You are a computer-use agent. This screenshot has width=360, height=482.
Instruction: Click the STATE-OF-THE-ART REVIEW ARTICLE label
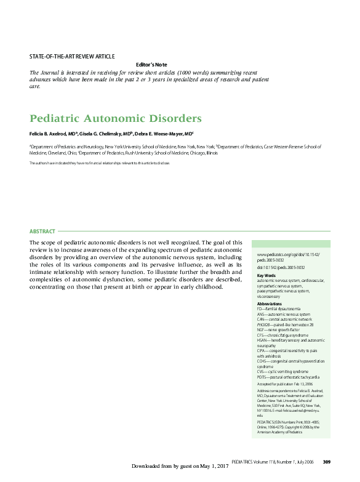pos(72,57)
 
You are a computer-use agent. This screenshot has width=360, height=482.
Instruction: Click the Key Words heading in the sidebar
pos(266,275)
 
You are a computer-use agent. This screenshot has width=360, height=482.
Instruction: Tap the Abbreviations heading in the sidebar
pos(270,304)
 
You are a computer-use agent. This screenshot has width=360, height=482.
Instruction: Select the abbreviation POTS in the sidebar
pos(263,377)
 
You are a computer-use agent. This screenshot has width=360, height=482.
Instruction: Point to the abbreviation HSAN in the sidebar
pos(263,340)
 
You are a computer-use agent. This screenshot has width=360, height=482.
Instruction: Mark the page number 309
pos(327,462)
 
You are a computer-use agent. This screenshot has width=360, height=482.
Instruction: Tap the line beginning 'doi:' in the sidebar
pos(281,268)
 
